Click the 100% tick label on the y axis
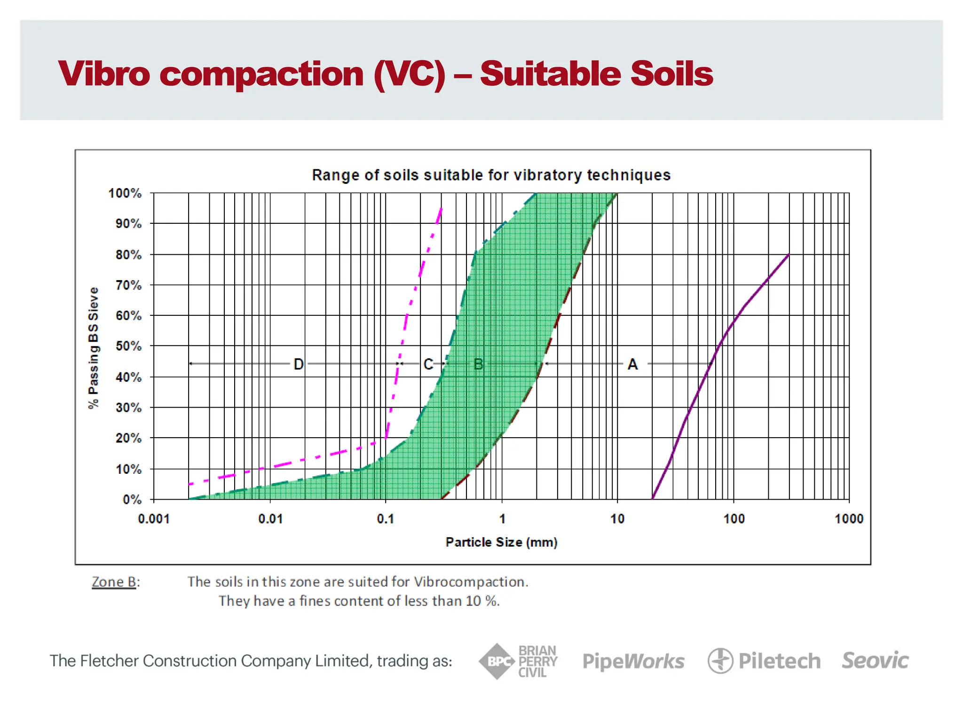125,193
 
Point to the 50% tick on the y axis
128,346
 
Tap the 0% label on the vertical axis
132,499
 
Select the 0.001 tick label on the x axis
154,519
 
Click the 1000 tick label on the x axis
849,519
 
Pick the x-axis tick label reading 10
617,519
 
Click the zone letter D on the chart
299,364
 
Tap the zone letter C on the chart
428,364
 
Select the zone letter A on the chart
632,364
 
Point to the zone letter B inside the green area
478,364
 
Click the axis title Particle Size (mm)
501,542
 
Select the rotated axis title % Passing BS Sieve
94,348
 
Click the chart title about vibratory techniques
491,175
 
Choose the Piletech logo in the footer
764,661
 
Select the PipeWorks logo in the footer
633,661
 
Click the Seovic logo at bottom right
875,660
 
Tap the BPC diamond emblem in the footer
496,661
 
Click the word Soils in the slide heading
671,74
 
